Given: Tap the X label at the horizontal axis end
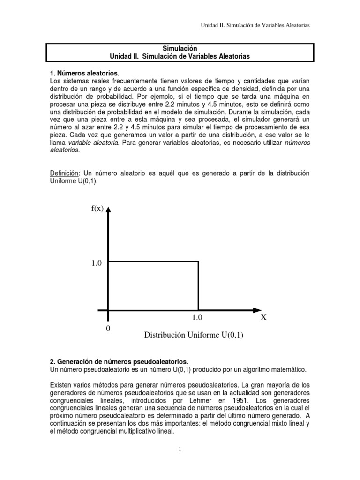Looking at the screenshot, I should (x=263, y=317).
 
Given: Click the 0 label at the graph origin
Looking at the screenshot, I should (x=108, y=329).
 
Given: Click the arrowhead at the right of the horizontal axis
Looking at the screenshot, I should (x=257, y=310).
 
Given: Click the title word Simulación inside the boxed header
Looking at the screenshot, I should (x=180, y=48).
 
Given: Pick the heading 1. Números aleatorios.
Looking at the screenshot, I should (x=84, y=74).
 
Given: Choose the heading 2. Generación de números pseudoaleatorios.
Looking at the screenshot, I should (x=119, y=362).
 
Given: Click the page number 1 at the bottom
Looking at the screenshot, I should (x=180, y=449).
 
